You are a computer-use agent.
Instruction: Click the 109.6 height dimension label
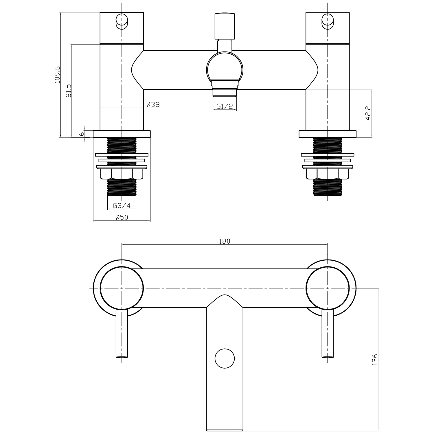[x=57, y=74]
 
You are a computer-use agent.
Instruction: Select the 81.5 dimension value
[x=69, y=91]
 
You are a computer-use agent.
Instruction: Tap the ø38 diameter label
[x=153, y=104]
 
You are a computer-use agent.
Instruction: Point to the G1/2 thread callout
[x=225, y=106]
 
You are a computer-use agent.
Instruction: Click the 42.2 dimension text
[x=368, y=113]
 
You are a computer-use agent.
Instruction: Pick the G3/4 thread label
[x=122, y=205]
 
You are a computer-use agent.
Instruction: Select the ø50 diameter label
[x=122, y=217]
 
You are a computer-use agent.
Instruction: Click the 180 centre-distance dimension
[x=225, y=241]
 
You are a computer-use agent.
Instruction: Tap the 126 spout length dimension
[x=375, y=359]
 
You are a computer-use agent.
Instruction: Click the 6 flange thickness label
[x=82, y=133]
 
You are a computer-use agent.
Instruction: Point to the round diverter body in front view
[x=225, y=67]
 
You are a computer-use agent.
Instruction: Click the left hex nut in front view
[x=122, y=174]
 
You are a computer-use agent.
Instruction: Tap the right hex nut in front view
[x=327, y=174]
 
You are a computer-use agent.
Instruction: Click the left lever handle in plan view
[x=122, y=333]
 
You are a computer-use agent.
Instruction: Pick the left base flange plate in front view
[x=122, y=134]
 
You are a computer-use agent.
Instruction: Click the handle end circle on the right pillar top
[x=327, y=21]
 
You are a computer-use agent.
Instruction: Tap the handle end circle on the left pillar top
[x=121, y=21]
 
